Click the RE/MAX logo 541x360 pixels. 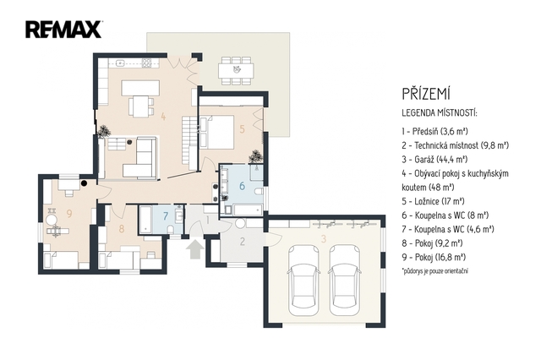click(63, 30)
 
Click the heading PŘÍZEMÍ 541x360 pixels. click(426, 94)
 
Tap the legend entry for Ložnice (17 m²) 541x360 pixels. click(433, 201)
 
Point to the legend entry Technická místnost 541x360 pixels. click(456, 145)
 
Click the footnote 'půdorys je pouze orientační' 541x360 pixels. click(434, 270)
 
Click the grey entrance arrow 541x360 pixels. click(194, 249)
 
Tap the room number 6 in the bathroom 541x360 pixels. click(242, 186)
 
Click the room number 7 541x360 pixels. click(166, 216)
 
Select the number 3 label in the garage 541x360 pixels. click(324, 238)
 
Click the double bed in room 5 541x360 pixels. click(216, 132)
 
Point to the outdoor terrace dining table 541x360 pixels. click(237, 70)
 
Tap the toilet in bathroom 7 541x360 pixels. click(171, 230)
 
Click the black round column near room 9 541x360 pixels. click(84, 183)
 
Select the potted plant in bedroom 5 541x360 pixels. click(255, 155)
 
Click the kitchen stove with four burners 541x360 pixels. click(147, 63)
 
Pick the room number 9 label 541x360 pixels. click(69, 214)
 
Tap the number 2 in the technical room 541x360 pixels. click(243, 242)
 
